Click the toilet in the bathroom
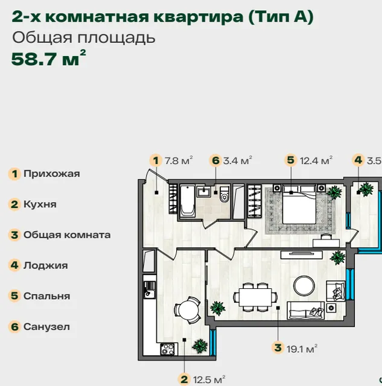coord(224,194)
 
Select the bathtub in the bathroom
coord(188,201)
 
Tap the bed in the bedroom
coord(299,204)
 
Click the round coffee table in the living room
coord(304,286)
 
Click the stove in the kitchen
coord(167,349)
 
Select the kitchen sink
coord(149,290)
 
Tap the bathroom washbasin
coord(204,192)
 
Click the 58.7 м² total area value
coord(48,59)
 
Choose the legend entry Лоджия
coord(38,265)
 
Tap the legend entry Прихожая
coord(44,174)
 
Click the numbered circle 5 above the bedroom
coord(291,160)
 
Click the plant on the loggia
coord(366,189)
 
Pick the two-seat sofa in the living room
coord(305,310)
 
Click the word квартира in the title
coord(198,17)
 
